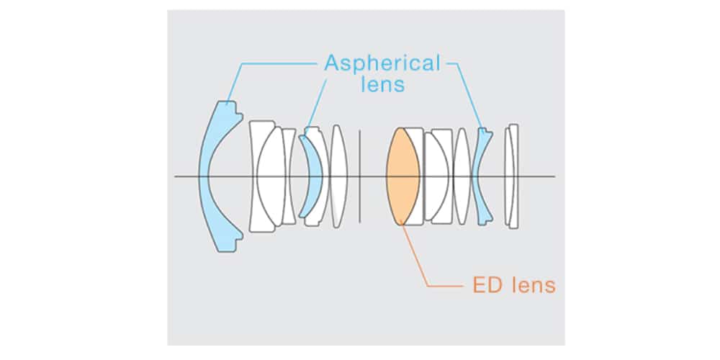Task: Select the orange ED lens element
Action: [402, 176]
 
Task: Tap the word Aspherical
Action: [382, 63]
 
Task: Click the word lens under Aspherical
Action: [382, 85]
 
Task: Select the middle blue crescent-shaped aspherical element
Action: [309, 176]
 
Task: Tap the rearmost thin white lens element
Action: [513, 176]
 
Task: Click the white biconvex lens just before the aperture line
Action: [339, 176]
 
